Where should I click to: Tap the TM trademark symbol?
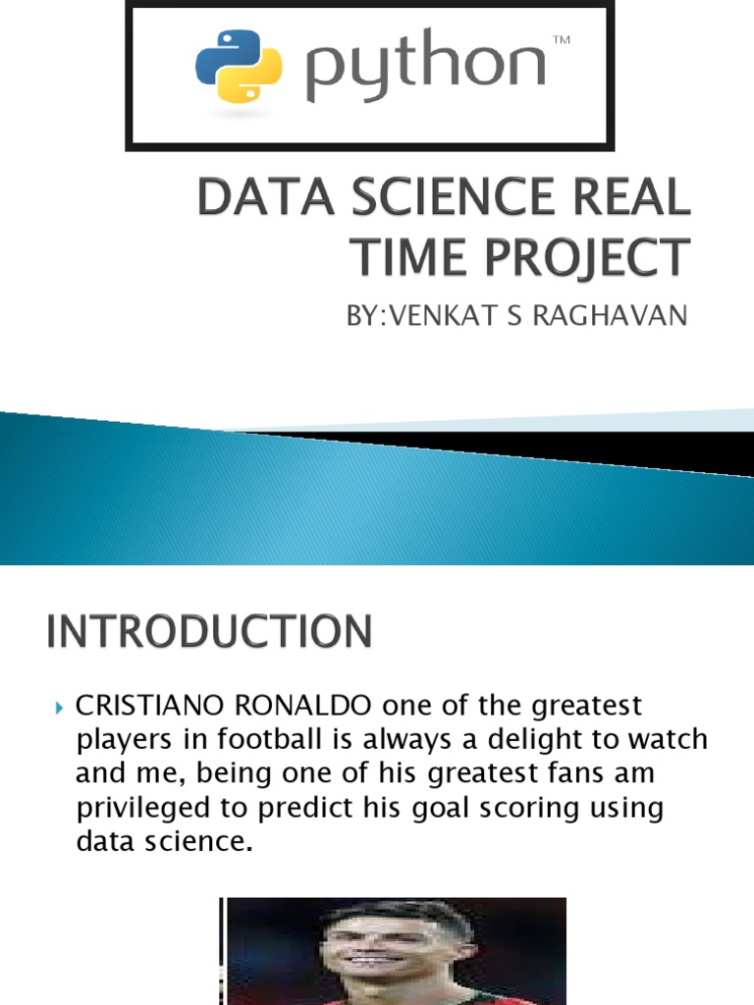(x=562, y=39)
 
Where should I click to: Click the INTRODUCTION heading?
(x=208, y=631)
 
